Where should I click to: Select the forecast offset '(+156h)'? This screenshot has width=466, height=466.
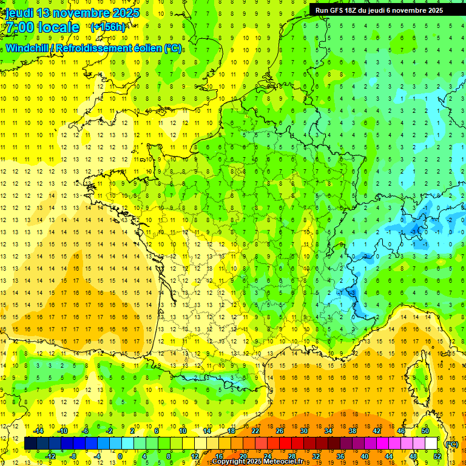(109, 27)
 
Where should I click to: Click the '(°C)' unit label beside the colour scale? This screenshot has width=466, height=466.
(451, 444)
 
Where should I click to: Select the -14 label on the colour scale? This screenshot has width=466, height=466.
(39, 431)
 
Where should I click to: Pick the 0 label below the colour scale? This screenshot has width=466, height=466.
(120, 456)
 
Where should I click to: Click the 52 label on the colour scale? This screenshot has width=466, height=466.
(437, 456)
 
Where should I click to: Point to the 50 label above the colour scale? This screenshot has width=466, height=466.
(425, 431)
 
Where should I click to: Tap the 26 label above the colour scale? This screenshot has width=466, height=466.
(280, 431)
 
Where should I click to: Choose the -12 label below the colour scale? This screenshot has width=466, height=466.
(51, 456)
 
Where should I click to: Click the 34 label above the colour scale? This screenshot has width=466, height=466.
(328, 431)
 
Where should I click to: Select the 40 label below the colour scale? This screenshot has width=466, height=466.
(365, 456)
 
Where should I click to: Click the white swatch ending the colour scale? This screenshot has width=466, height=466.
(431, 444)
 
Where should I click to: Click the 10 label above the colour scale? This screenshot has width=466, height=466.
(183, 431)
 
